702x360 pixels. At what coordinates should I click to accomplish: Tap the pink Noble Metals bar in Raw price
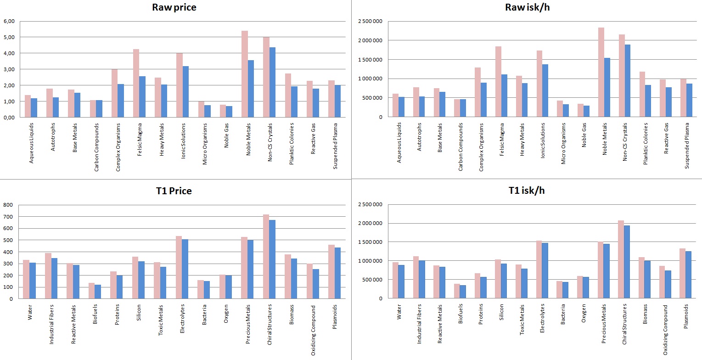tap(244, 74)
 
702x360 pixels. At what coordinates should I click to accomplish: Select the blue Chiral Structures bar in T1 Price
tap(272, 259)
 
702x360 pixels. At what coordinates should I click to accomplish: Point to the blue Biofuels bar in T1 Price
tap(98, 292)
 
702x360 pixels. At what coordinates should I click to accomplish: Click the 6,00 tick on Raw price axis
tap(9, 21)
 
